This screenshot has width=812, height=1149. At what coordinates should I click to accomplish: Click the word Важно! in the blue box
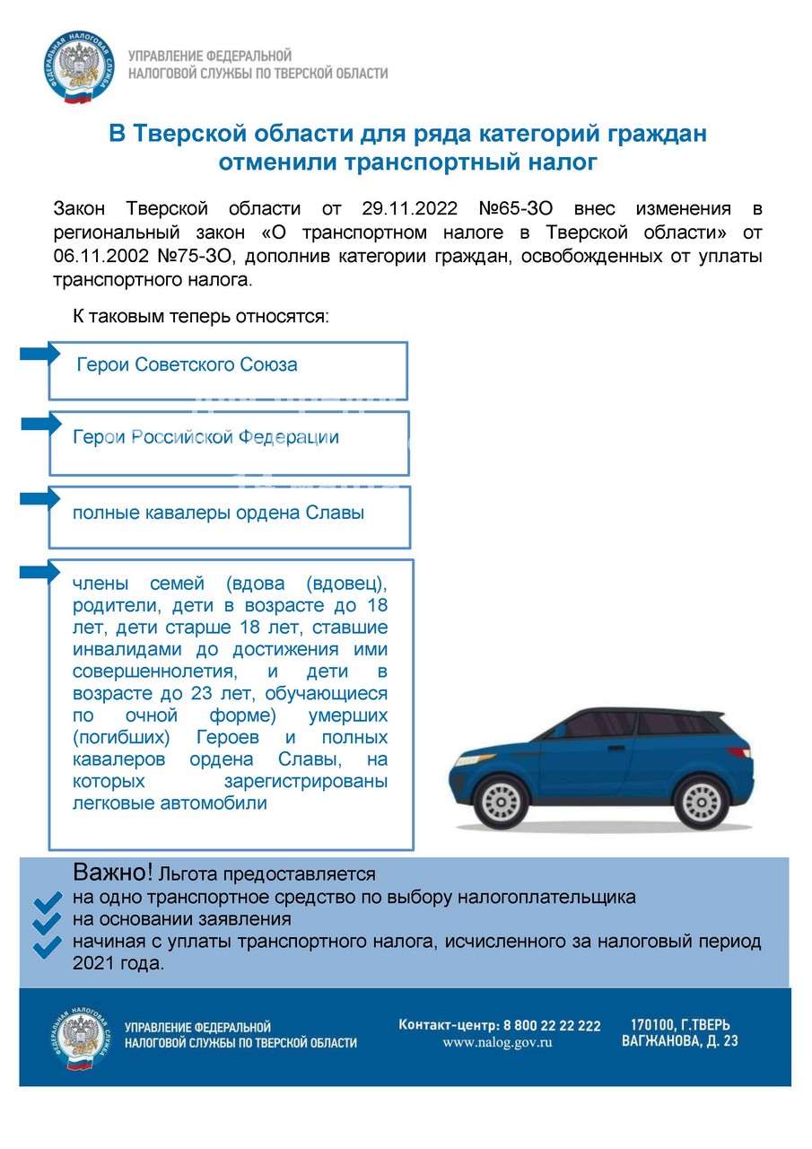tap(113, 873)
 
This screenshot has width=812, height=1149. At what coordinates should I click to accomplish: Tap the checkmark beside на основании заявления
tap(46, 924)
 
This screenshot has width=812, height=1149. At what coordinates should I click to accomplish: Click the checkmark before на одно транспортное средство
tap(46, 901)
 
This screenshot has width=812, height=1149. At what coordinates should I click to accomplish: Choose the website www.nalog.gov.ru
tap(497, 1043)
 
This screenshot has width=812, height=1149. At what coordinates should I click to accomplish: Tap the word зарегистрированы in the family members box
tap(306, 781)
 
